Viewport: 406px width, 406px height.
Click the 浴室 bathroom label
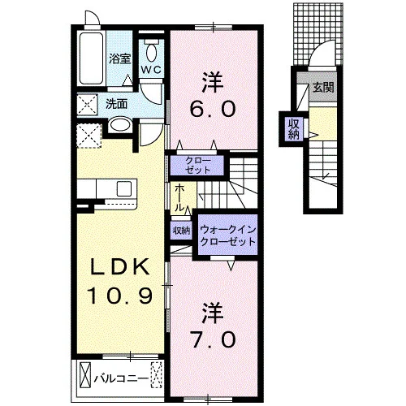click(120, 59)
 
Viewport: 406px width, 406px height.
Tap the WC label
click(152, 70)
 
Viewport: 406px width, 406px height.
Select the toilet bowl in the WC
click(152, 54)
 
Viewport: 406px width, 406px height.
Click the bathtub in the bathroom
click(92, 58)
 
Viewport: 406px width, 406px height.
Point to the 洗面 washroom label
click(116, 104)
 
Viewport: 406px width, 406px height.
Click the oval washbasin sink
click(120, 125)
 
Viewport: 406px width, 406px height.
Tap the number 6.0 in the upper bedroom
click(213, 109)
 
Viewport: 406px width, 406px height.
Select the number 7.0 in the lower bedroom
click(213, 339)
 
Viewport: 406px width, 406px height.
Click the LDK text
click(120, 267)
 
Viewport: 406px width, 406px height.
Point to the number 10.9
click(120, 296)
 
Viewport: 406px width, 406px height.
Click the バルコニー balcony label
click(122, 378)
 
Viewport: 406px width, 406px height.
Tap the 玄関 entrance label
click(323, 88)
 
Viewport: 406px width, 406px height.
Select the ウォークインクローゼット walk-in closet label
click(227, 235)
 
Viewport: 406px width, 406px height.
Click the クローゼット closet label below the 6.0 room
click(198, 165)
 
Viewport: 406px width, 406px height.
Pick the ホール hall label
click(179, 197)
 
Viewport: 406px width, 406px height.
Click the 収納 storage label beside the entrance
click(294, 129)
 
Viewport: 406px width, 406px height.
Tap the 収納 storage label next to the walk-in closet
click(182, 231)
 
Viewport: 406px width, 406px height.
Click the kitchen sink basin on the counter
click(124, 188)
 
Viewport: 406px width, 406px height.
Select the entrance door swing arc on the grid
click(321, 51)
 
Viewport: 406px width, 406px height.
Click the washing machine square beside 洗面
click(87, 105)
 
